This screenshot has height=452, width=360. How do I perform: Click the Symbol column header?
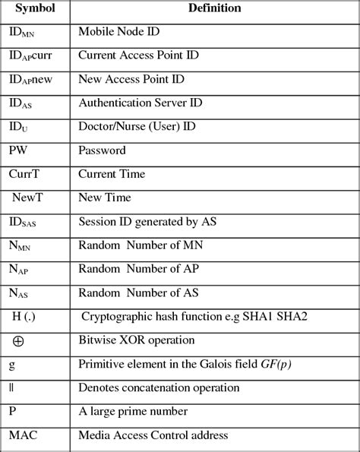(x=35, y=8)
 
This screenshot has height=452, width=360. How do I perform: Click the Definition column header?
(x=216, y=8)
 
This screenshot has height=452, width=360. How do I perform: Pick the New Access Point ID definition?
(x=132, y=80)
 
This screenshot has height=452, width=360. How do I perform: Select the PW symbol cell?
(x=18, y=150)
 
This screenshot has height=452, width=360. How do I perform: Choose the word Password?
(x=102, y=150)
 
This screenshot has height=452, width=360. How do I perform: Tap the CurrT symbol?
(x=24, y=174)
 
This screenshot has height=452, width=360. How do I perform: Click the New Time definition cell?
(x=105, y=198)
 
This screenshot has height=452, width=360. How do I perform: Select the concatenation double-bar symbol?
(x=11, y=387)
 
